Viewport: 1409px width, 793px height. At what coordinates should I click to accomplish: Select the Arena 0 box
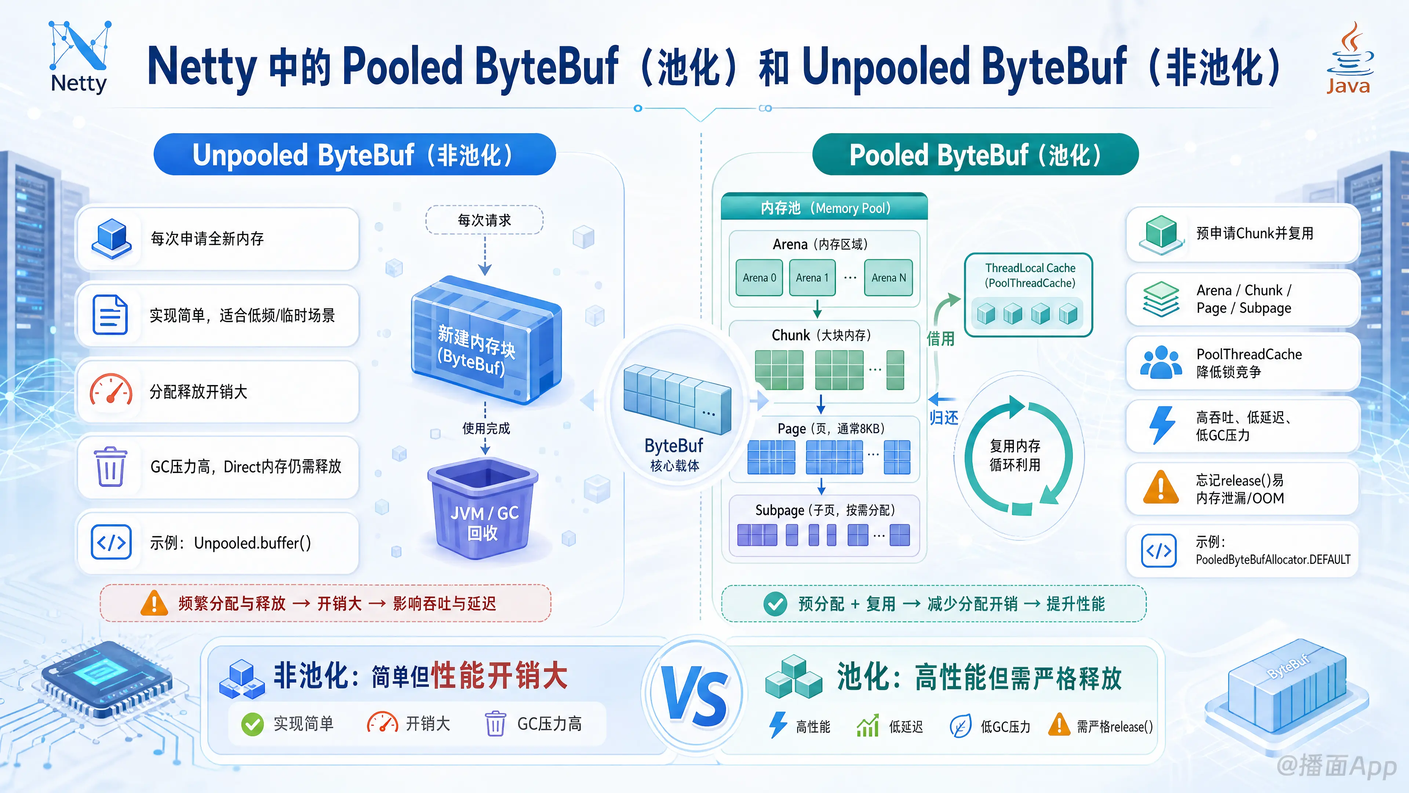coord(759,278)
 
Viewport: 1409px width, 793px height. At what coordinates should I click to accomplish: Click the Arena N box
coord(888,278)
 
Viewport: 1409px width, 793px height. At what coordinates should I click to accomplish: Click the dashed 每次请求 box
coord(484,220)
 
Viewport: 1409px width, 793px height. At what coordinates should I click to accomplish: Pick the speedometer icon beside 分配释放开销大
coord(111,390)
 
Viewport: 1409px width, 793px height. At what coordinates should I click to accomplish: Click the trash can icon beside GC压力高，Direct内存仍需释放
coord(110,466)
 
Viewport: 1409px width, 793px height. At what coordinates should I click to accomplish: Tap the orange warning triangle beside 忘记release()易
coord(1161,487)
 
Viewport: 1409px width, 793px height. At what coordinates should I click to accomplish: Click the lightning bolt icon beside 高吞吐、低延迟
coord(1162,425)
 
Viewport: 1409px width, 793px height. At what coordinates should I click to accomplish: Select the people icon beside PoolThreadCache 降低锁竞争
coord(1161,362)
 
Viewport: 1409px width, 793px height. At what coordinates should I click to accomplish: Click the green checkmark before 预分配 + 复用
coord(775,604)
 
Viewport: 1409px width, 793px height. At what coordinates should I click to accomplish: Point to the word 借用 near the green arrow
coord(940,339)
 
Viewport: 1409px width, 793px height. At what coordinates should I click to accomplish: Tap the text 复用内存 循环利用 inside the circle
coord(1015,455)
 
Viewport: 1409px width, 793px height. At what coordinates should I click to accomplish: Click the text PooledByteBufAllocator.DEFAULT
coord(1273,559)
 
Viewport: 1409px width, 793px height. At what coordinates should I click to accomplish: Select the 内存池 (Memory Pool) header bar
coord(824,207)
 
